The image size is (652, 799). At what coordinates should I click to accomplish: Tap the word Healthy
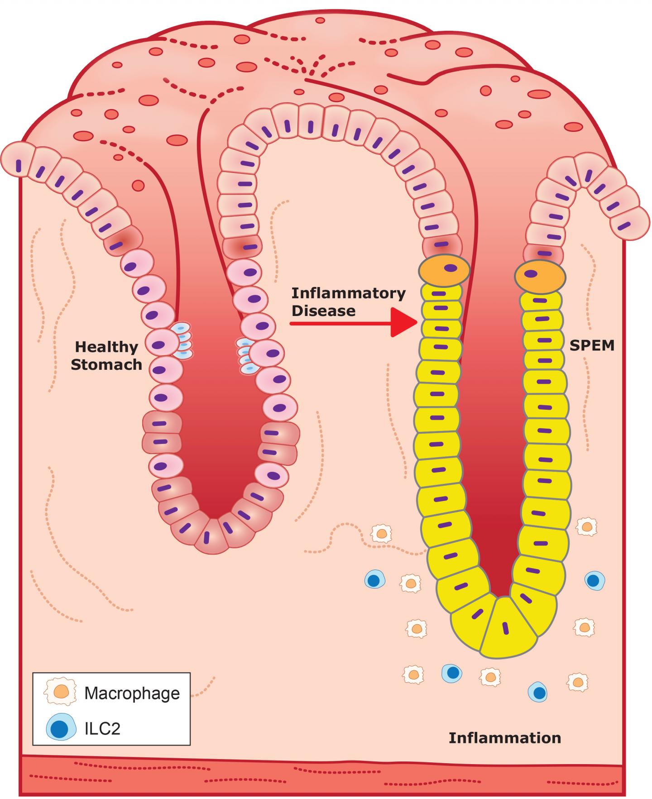[106, 347]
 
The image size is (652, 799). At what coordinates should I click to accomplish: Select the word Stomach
[106, 364]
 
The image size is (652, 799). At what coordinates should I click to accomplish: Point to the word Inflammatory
[348, 293]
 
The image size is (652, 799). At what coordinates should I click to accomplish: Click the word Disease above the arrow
[323, 311]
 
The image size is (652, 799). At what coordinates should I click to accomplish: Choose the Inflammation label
[504, 738]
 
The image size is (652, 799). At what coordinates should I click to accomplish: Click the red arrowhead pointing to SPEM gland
[403, 323]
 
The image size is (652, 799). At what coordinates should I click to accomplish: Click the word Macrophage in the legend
[132, 693]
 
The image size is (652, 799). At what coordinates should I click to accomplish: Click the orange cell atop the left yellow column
[444, 270]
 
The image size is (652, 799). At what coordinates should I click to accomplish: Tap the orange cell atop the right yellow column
[540, 274]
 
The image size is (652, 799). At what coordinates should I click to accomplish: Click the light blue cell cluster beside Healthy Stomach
[182, 341]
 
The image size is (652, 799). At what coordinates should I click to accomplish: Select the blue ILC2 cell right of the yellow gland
[594, 580]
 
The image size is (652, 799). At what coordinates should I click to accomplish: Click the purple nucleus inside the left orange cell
[450, 268]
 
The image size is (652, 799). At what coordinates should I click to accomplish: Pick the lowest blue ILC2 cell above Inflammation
[538, 692]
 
